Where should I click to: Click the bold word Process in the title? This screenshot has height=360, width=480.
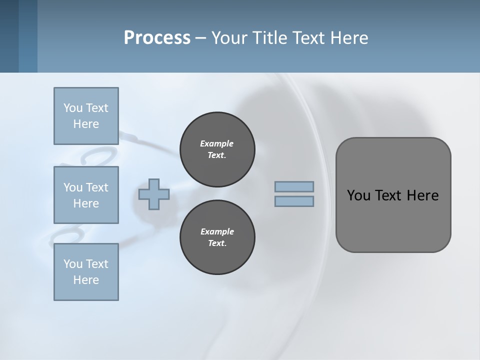157,38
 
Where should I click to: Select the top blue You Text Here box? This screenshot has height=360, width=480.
86,116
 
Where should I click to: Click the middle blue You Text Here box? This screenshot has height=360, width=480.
86,195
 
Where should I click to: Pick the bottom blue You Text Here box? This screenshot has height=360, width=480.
86,272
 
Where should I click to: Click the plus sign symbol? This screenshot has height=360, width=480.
154,194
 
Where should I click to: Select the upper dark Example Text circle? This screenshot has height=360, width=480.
217,149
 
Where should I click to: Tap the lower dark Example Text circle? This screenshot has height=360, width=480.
217,237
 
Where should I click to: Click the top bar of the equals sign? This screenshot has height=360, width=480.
294,186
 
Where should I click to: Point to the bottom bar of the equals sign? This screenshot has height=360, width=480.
294,201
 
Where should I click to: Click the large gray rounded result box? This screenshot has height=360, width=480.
393,220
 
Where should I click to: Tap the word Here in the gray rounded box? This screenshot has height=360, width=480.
422,195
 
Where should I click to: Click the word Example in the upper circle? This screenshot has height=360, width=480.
217,143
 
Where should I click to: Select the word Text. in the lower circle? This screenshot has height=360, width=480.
217,243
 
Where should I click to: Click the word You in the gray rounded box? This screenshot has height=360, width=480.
358,195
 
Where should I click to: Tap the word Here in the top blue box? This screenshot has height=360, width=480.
86,124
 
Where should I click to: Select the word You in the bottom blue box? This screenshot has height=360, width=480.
73,264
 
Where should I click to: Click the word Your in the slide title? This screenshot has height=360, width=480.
230,38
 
